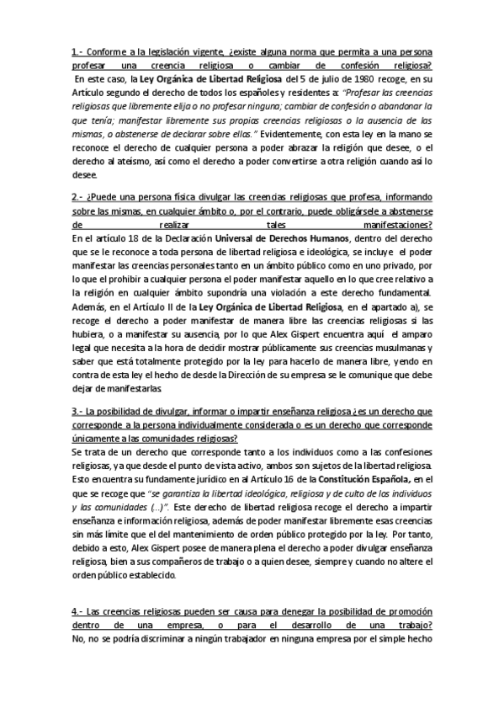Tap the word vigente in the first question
tap(200, 52)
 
